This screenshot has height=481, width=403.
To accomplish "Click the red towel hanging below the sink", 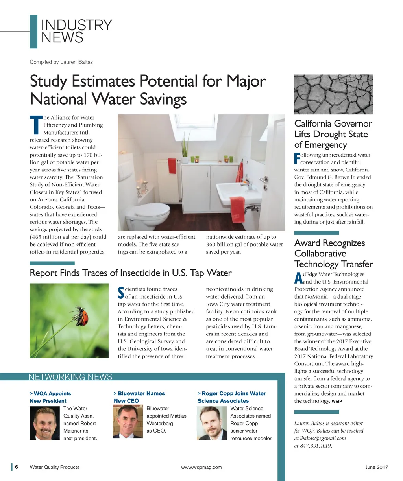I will click(237, 209).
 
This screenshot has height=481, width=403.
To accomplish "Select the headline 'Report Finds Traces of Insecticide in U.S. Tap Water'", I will click(131, 273).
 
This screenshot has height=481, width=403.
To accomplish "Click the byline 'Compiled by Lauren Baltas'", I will click(61, 62).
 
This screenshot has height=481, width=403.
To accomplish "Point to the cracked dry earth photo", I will click(333, 94).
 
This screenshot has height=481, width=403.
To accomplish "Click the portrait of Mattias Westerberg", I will click(128, 422).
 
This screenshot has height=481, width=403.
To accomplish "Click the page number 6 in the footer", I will click(17, 467).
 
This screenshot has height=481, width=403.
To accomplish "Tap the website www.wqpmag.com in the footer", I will click(201, 467).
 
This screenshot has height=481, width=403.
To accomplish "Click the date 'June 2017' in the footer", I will click(376, 467).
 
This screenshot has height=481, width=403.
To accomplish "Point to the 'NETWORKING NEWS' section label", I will click(70, 377).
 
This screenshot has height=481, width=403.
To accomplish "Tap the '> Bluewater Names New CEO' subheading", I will click(139, 397).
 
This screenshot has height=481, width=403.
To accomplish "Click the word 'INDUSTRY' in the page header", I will click(76, 25).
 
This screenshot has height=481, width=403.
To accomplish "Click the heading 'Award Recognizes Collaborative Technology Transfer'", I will click(333, 254).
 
